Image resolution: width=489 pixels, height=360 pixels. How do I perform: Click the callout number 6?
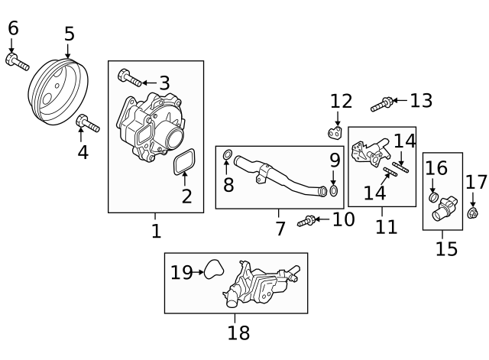pyautogui.click(x=13, y=28)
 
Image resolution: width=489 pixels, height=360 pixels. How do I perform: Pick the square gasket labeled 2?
pyautogui.click(x=183, y=163)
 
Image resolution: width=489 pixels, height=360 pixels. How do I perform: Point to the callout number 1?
pyautogui.click(x=156, y=230)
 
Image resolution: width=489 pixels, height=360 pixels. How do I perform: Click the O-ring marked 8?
pyautogui.click(x=228, y=158)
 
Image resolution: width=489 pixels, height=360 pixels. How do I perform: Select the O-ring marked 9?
pyautogui.click(x=334, y=190)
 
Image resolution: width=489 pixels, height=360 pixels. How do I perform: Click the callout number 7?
pyautogui.click(x=280, y=228)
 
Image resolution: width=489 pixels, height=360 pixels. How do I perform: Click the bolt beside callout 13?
pyautogui.click(x=382, y=103)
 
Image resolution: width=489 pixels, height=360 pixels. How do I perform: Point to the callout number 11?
pyautogui.click(x=387, y=226)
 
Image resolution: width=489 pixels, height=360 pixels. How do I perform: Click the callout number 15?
pyautogui.click(x=446, y=248)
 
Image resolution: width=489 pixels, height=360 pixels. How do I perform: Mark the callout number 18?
pyautogui.click(x=238, y=332)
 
